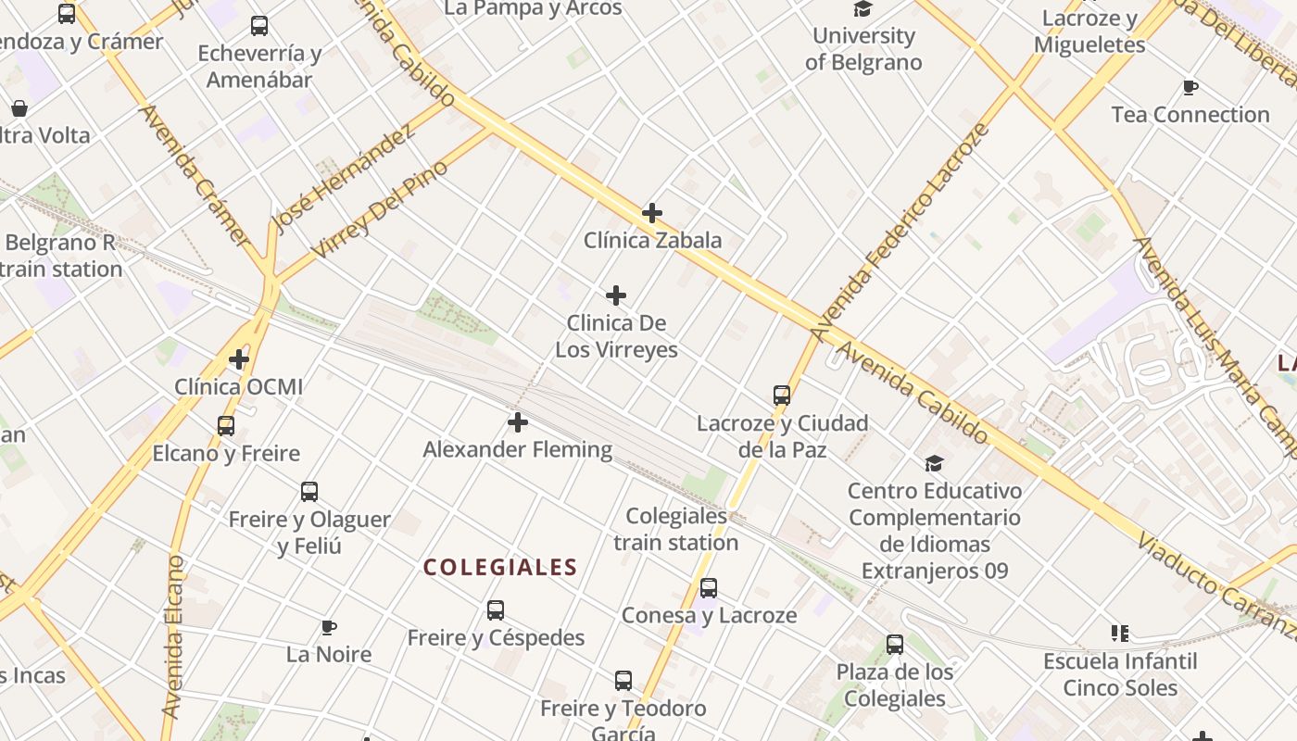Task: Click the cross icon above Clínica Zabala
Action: pyautogui.click(x=652, y=213)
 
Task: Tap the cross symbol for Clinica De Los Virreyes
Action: pyautogui.click(x=616, y=295)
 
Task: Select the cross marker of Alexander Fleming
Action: pyautogui.click(x=518, y=422)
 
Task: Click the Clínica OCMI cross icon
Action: pyautogui.click(x=239, y=358)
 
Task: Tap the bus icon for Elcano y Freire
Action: pyautogui.click(x=226, y=426)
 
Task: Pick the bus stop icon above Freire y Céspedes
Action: pyautogui.click(x=496, y=610)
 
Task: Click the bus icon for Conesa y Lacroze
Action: pyautogui.click(x=709, y=588)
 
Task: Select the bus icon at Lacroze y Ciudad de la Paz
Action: pyautogui.click(x=782, y=396)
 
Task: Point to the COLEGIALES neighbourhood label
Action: pyautogui.click(x=500, y=567)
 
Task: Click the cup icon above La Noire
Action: pyautogui.click(x=329, y=628)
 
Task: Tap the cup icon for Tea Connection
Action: pyautogui.click(x=1190, y=88)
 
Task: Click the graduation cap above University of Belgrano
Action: pyautogui.click(x=863, y=9)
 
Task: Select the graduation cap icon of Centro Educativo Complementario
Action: pyautogui.click(x=934, y=463)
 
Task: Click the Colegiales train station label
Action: pyautogui.click(x=675, y=529)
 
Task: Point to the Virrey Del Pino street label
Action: pyautogui.click(x=380, y=209)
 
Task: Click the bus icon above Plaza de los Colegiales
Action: pyautogui.click(x=895, y=645)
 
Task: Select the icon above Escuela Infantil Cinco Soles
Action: pyautogui.click(x=1120, y=634)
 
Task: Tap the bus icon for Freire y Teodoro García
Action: pyautogui.click(x=623, y=681)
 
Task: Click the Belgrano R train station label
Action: pyautogui.click(x=61, y=256)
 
